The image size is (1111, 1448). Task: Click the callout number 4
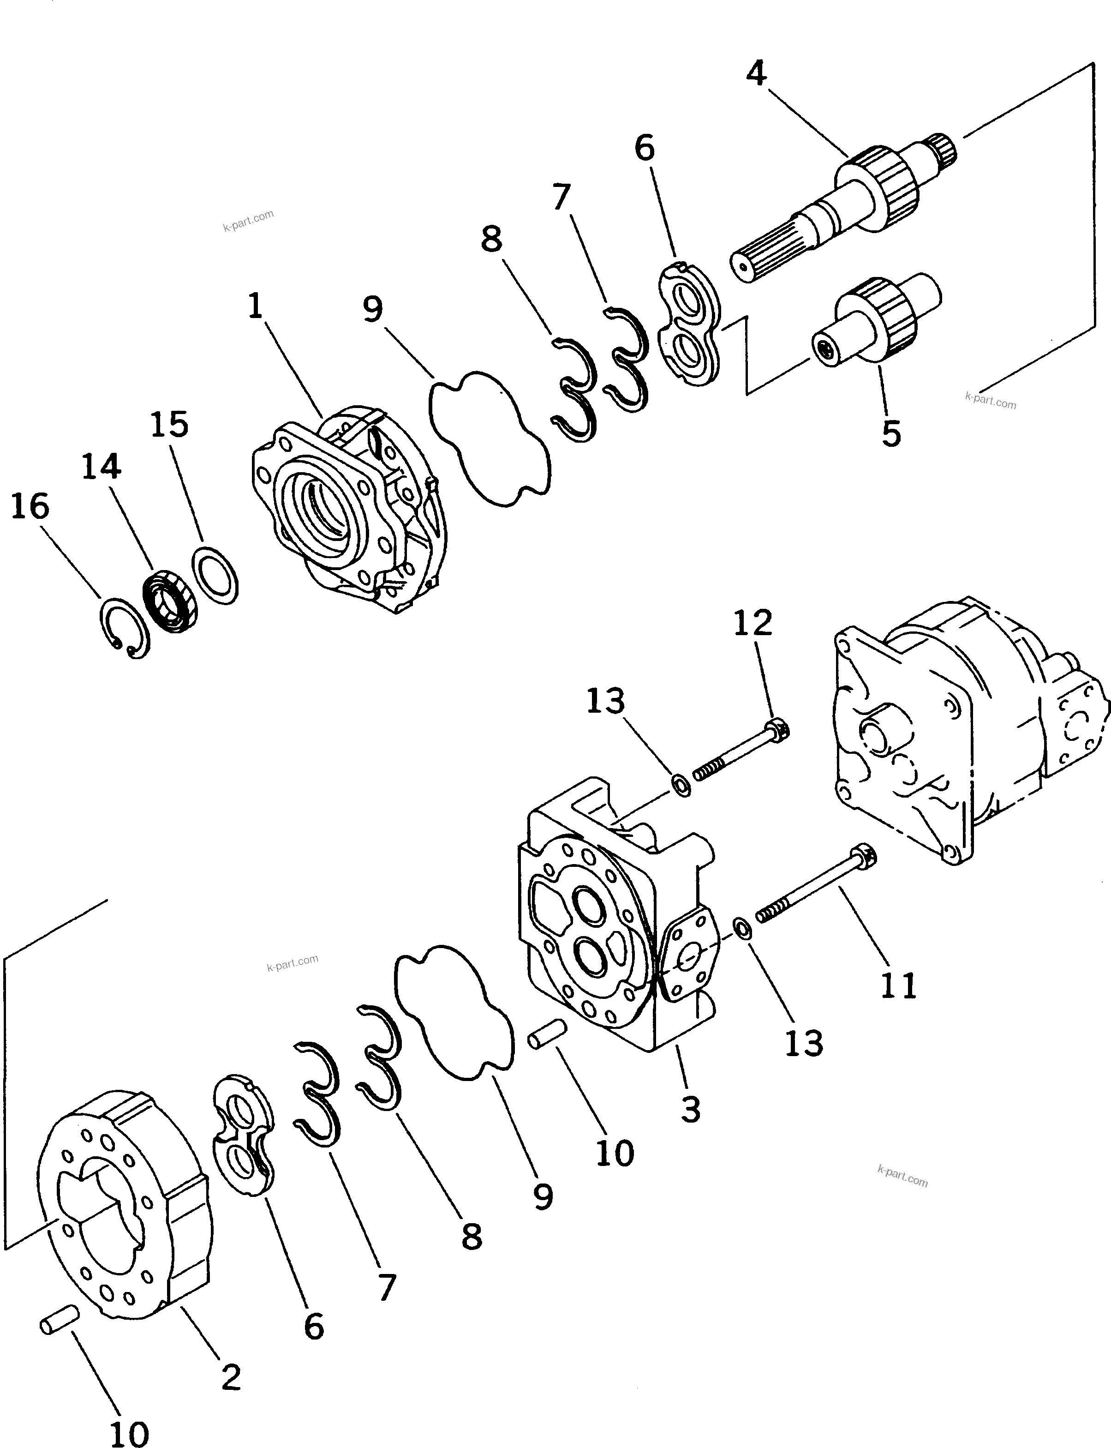(x=757, y=73)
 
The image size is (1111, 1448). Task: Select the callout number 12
(x=753, y=623)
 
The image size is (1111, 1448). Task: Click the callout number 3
(x=690, y=1109)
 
